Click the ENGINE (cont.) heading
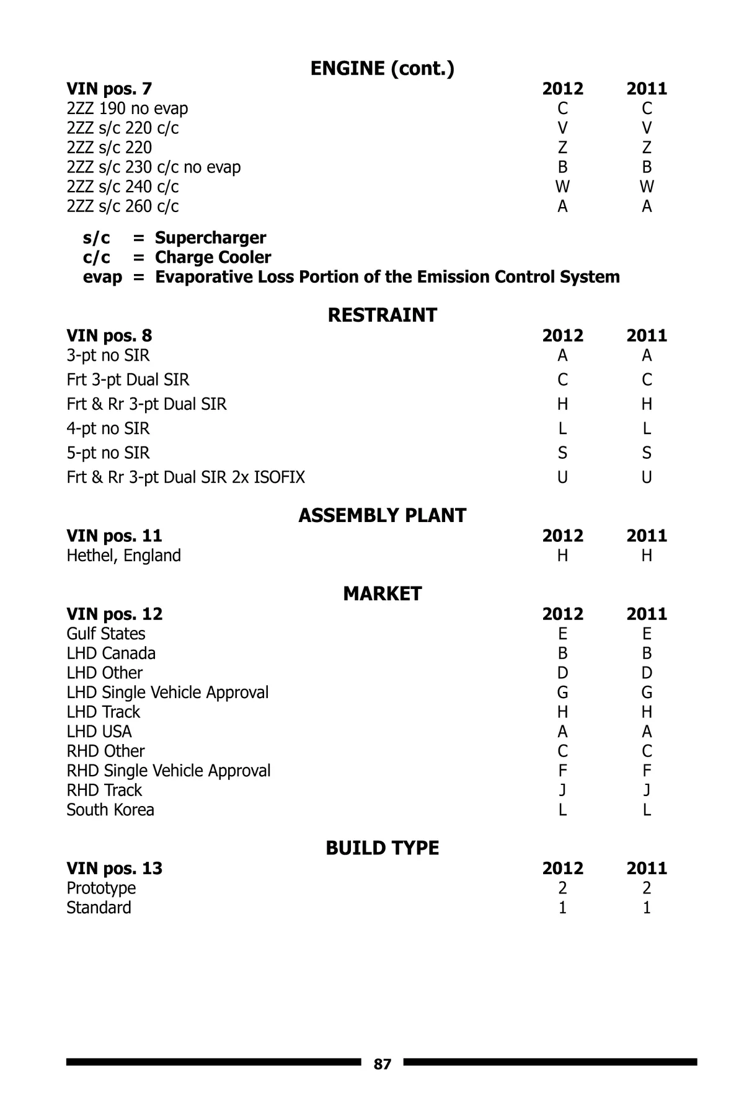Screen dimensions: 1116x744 pos(382,69)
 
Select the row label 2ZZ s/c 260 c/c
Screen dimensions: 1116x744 pos(123,206)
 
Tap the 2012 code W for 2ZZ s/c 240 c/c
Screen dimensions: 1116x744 pos(562,187)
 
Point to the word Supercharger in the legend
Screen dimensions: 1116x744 pos(210,237)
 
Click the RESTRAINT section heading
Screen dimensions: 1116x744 pos(382,315)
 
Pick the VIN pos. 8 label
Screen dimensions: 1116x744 pos(109,335)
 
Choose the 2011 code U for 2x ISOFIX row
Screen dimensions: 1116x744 pos(647,477)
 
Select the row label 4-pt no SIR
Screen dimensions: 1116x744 pos(108,428)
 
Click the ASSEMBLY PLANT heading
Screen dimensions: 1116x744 pos(382,515)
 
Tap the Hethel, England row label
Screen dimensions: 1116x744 pos(124,556)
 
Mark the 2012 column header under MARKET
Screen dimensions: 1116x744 pos(562,614)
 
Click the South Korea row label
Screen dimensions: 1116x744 pos(110,810)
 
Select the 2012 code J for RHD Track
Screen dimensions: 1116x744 pos(562,790)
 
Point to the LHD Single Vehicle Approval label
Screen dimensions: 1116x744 pos(167,693)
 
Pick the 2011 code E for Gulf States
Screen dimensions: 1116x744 pos(647,634)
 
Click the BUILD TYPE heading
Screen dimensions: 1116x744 pos(382,848)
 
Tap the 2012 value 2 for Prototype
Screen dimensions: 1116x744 pos(562,888)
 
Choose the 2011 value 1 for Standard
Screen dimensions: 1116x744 pos(647,908)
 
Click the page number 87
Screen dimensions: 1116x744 pos(383,1065)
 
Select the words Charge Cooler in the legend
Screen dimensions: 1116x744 pos(213,257)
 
